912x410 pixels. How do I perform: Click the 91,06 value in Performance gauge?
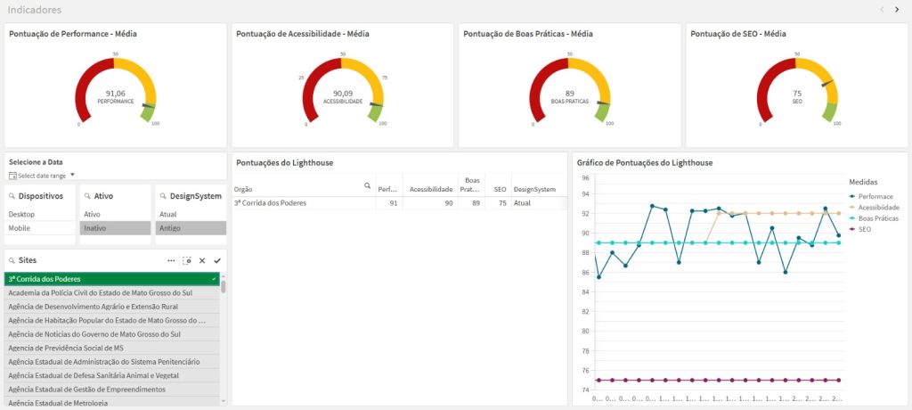(116, 94)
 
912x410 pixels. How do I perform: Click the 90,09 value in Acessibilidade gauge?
(343, 94)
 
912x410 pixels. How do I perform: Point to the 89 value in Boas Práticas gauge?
(570, 94)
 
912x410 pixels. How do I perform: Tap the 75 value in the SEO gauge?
(797, 94)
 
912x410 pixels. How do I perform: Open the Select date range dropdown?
(43, 176)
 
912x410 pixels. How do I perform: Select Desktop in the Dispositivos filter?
(21, 215)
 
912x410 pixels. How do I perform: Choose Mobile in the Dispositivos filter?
(20, 228)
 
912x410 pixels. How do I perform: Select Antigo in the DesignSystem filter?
(169, 228)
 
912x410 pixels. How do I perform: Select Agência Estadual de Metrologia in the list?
(58, 403)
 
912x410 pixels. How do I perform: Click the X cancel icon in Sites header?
(202, 260)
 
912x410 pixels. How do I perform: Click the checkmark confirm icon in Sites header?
(217, 260)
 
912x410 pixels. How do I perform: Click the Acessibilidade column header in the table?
(431, 189)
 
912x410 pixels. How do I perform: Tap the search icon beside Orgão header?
(367, 186)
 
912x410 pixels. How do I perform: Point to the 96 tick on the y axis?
(585, 178)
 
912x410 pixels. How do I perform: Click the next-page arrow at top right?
(898, 9)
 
